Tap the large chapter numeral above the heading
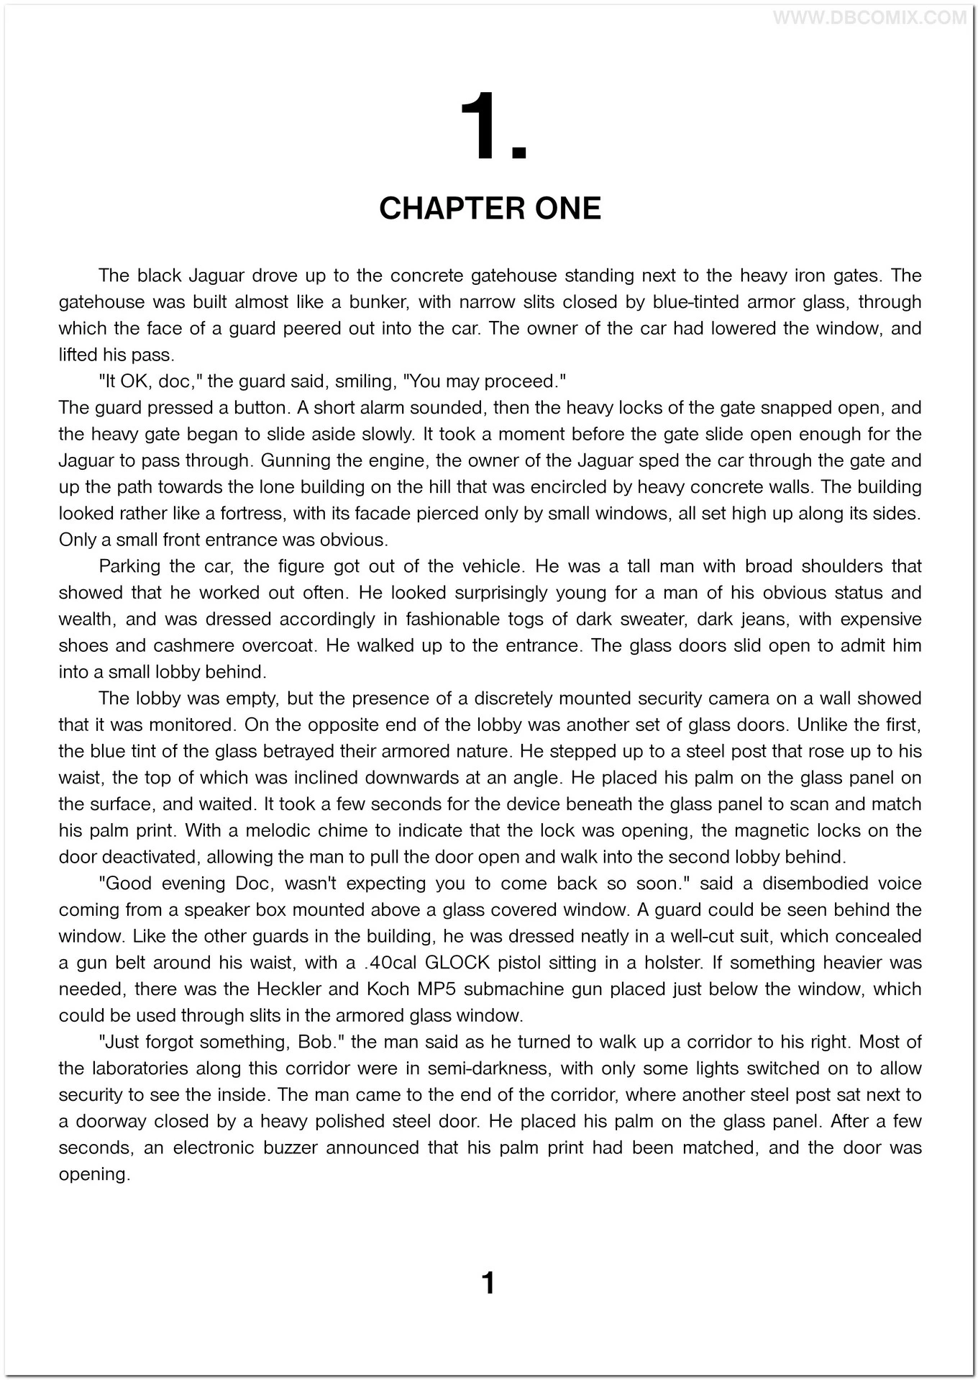[x=493, y=128]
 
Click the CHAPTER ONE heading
[x=490, y=209]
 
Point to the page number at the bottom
[x=488, y=1283]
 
